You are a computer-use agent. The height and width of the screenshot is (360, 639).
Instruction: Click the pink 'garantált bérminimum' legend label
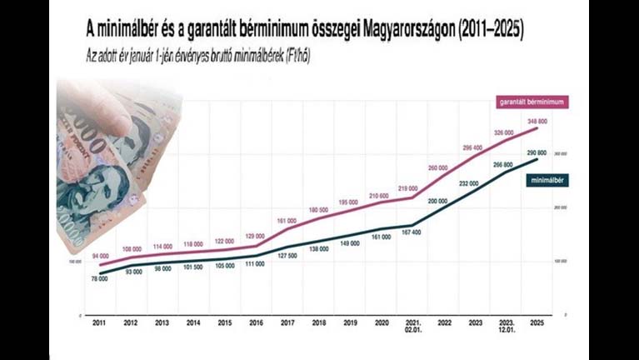(x=532, y=101)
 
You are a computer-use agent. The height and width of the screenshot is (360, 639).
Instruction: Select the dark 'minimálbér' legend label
(x=547, y=180)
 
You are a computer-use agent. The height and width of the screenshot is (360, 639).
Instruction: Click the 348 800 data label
(x=537, y=122)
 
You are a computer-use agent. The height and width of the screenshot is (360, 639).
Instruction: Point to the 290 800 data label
(x=537, y=153)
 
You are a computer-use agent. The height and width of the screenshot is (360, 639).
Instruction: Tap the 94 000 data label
(x=101, y=256)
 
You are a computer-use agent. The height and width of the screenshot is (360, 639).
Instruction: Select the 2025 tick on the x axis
(x=538, y=322)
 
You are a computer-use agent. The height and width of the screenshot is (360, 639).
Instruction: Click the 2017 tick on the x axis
(x=287, y=322)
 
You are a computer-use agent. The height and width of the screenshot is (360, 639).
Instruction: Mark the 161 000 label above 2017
(x=287, y=221)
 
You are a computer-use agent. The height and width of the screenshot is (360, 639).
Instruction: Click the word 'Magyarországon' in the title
(x=397, y=30)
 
